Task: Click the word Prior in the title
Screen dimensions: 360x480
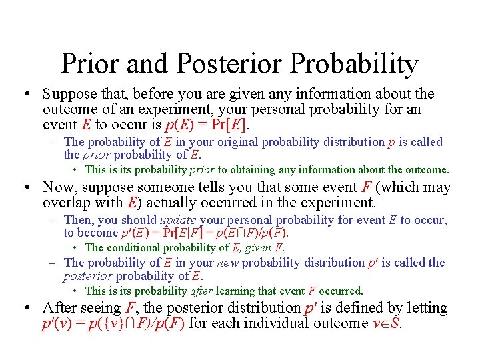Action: click(x=90, y=64)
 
